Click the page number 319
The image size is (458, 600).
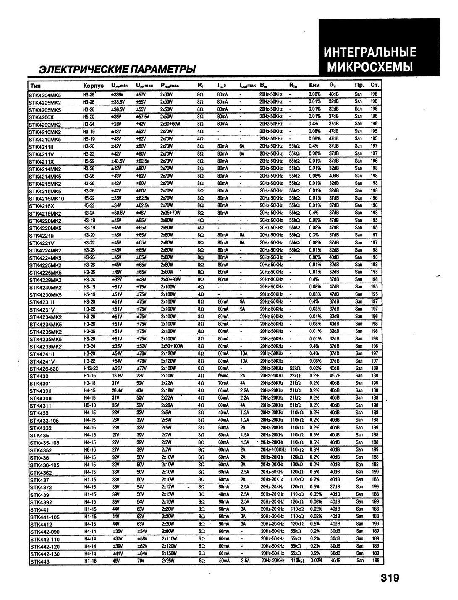pos(390,578)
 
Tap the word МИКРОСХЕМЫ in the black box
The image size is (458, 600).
pos(370,67)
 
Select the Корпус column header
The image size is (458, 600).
pos(93,86)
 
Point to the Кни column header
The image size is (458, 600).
pos(314,85)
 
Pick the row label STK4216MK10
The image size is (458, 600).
pos(47,199)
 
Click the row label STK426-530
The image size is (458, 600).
pos(44,369)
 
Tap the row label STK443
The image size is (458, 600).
pos(39,562)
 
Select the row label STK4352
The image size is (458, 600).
pos(40,450)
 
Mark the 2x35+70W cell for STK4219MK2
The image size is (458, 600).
pos(170,213)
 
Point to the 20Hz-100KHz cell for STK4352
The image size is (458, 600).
pos(273,450)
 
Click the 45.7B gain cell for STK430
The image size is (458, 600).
pos(335,376)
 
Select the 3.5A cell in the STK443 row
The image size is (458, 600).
pos(245,561)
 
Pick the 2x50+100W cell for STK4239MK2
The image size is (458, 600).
pos(172,346)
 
